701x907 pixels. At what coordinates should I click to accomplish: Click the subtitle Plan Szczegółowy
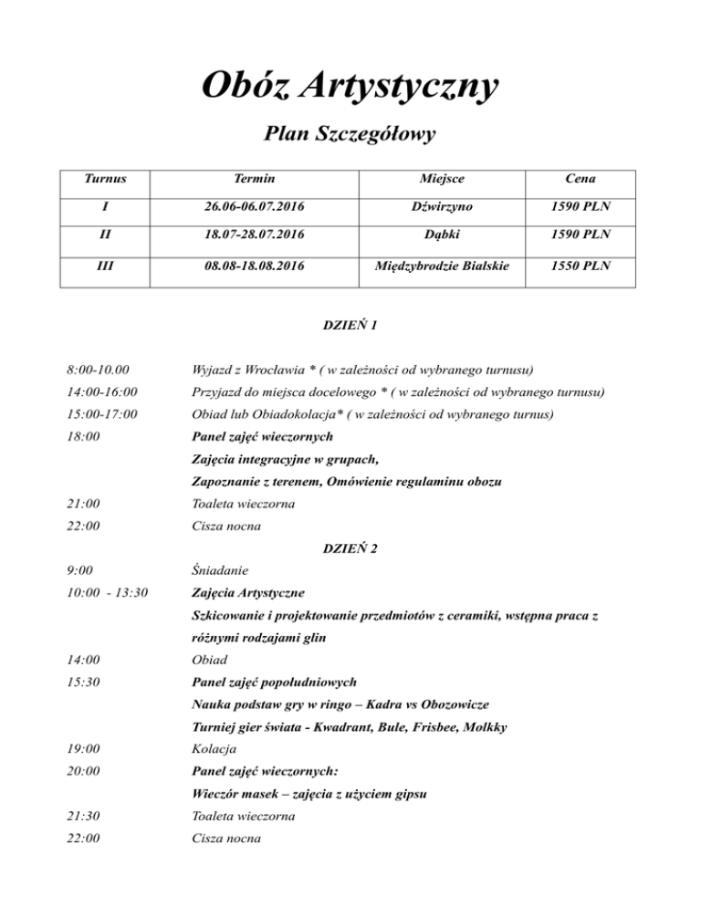(350, 136)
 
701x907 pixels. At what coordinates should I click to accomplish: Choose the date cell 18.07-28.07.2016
(255, 239)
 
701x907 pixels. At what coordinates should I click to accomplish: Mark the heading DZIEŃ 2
(350, 547)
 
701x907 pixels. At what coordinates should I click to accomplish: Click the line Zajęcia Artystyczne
(248, 593)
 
